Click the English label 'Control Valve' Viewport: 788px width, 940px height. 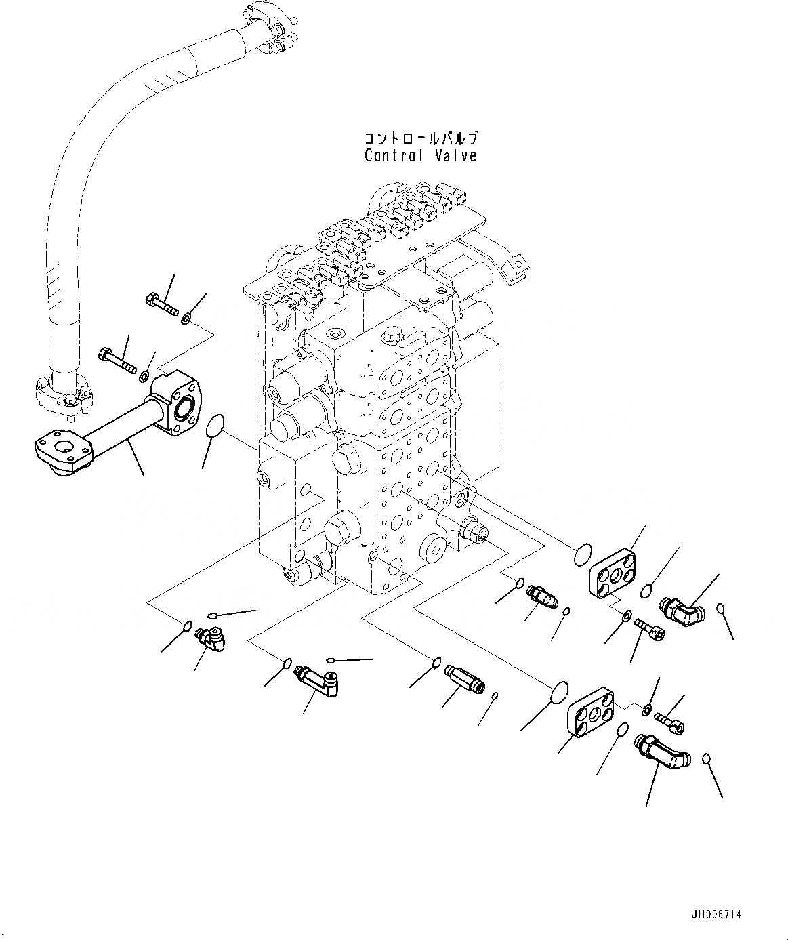[420, 156]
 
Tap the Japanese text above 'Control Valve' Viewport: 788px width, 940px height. [421, 138]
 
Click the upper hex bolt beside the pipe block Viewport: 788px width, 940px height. [161, 304]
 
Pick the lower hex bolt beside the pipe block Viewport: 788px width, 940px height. [119, 359]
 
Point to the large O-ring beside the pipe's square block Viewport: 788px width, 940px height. [214, 426]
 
